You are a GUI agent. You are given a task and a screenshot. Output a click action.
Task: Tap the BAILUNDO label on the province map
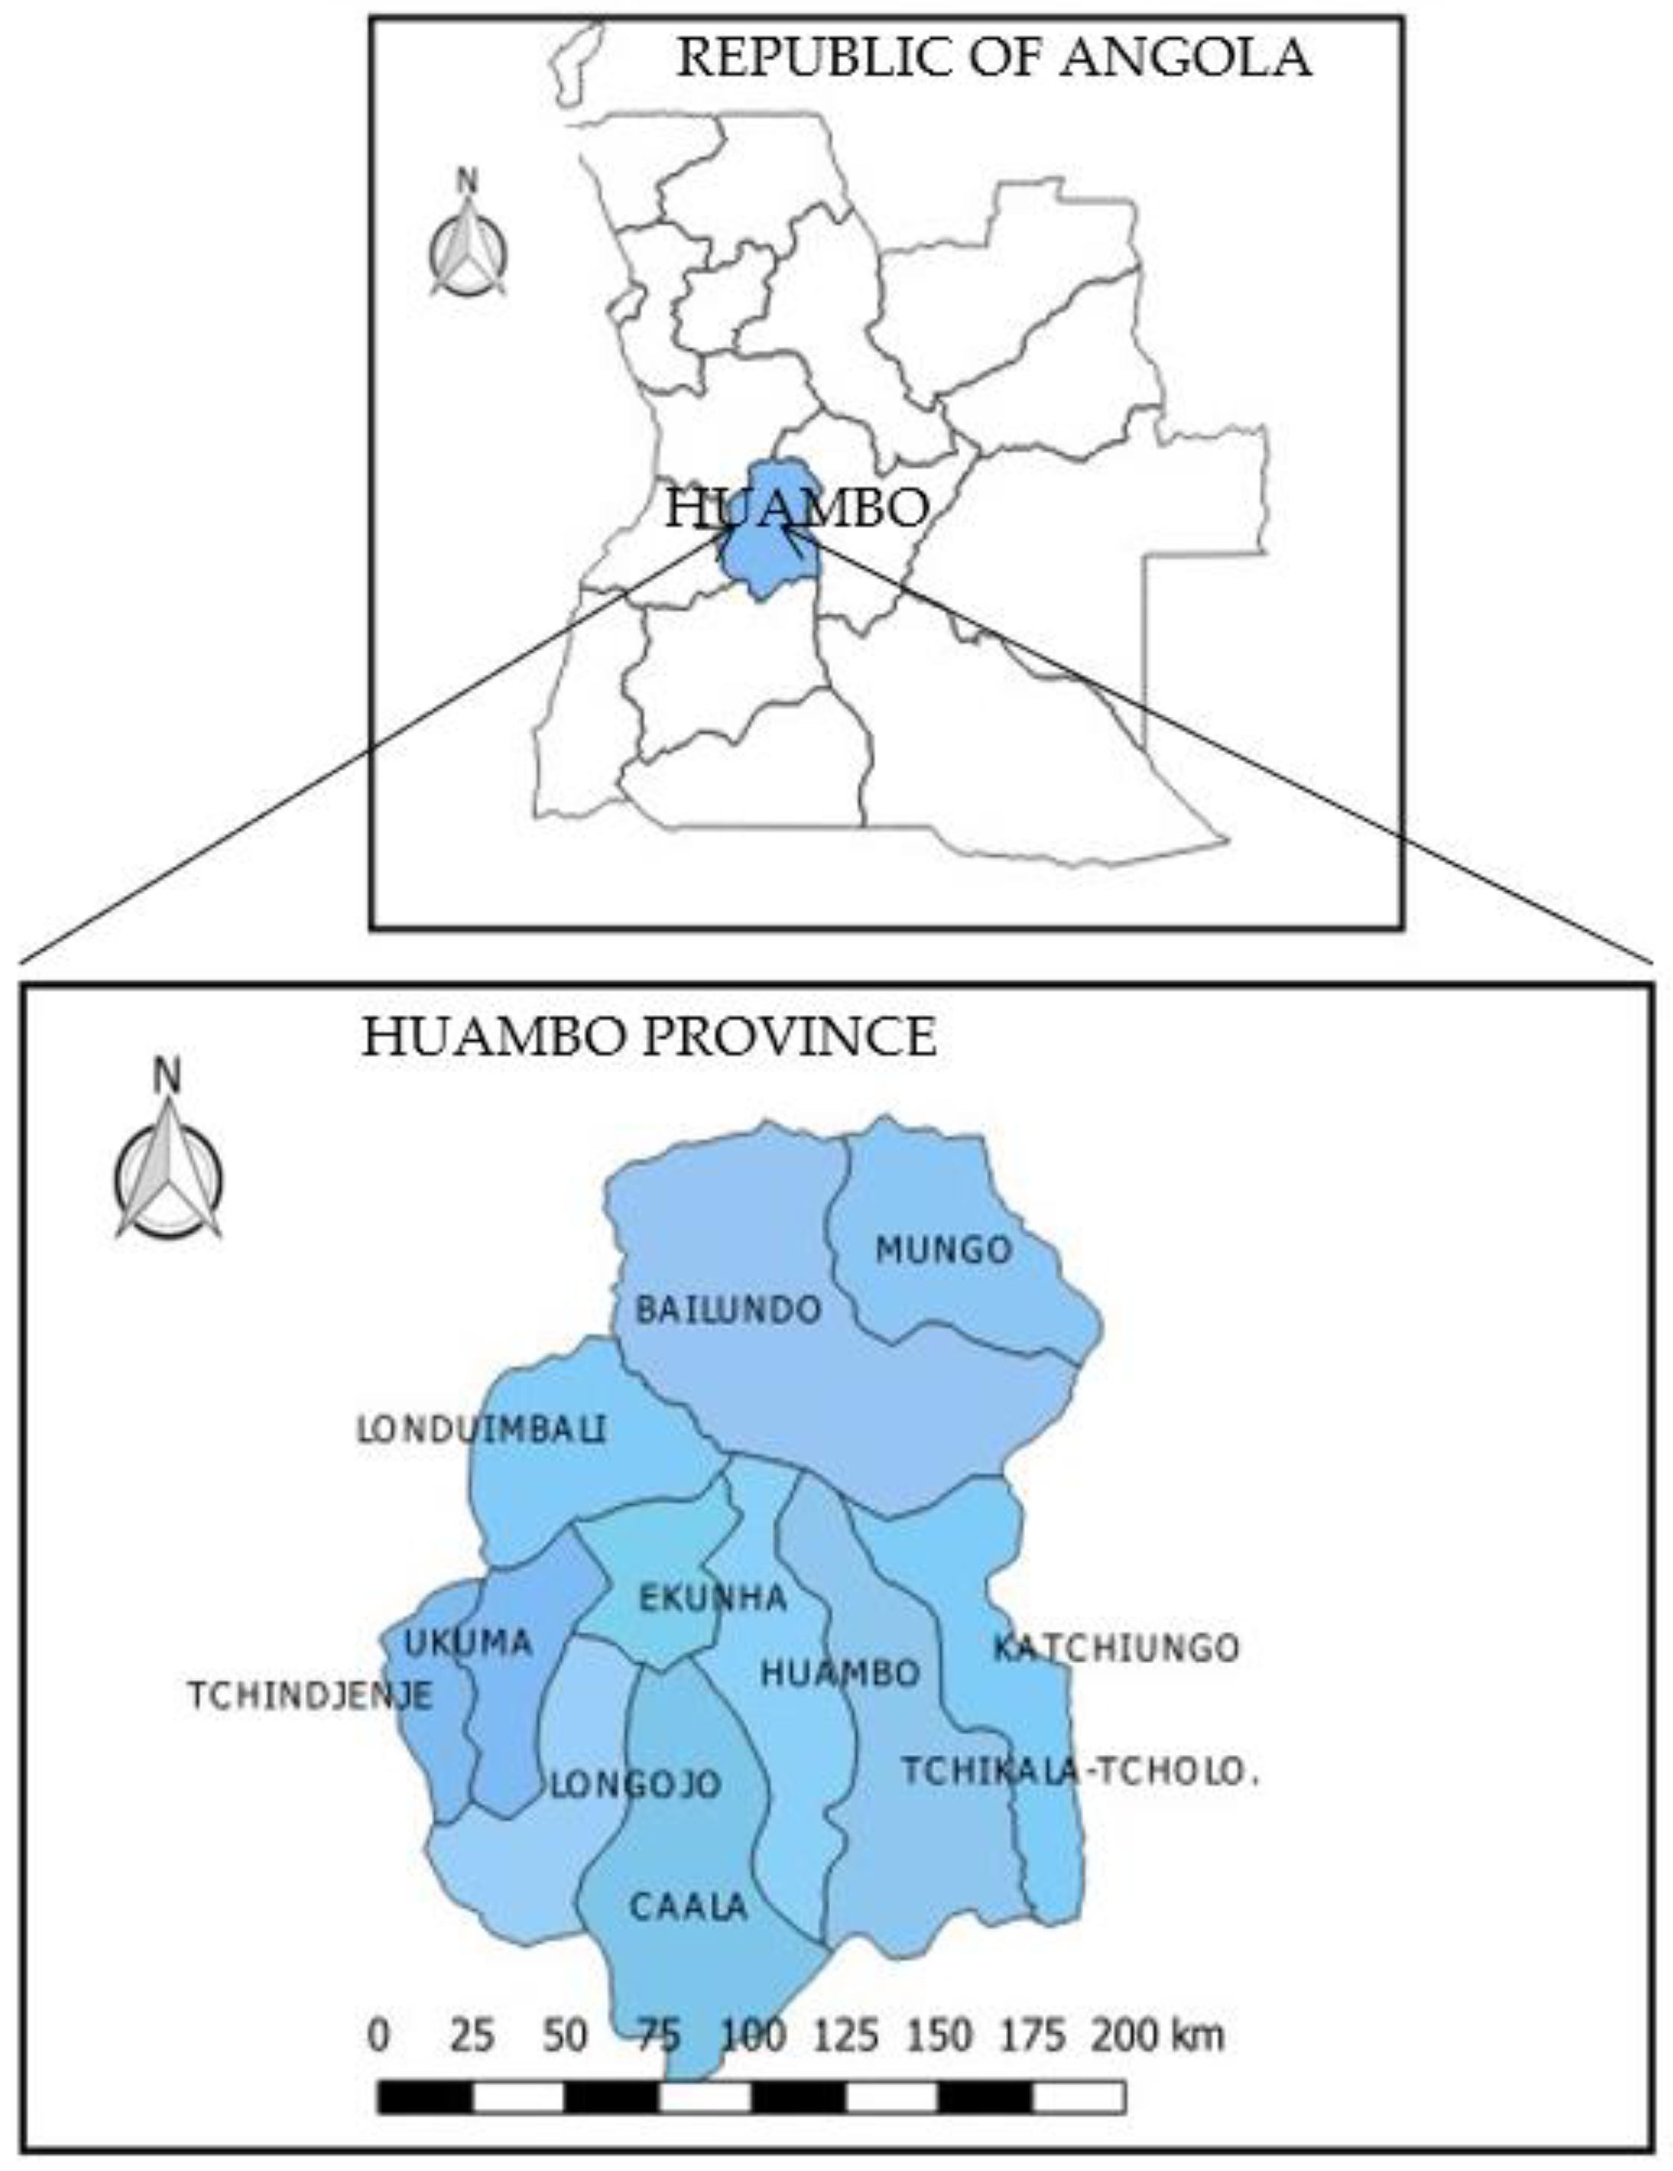point(728,1310)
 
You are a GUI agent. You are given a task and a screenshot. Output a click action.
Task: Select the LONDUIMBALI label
point(481,1430)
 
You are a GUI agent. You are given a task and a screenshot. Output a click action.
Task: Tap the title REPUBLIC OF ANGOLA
point(993,57)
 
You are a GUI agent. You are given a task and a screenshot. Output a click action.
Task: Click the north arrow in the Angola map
point(467,239)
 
